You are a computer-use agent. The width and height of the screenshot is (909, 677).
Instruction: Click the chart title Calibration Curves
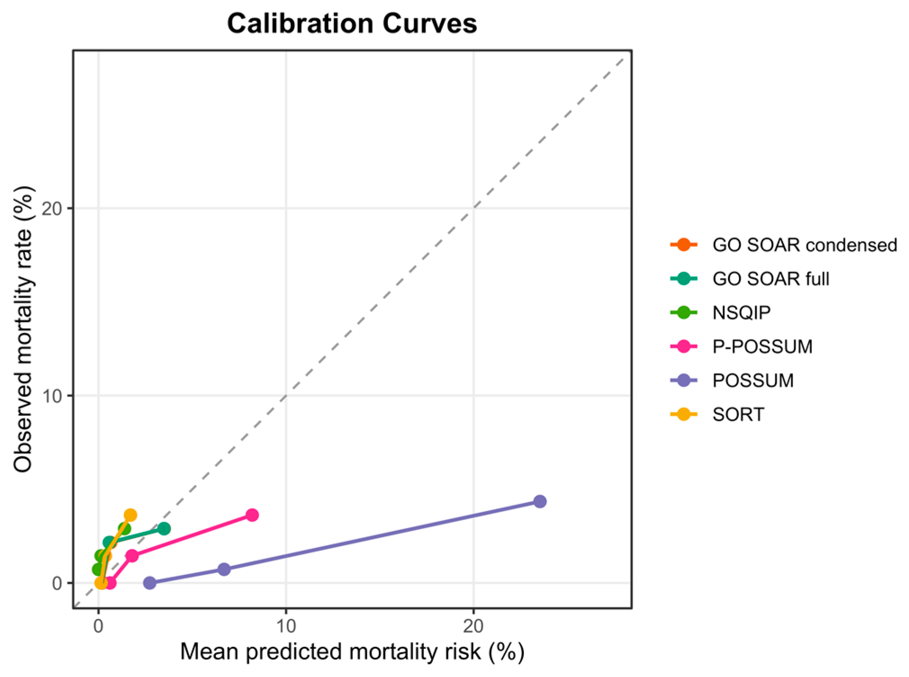point(352,23)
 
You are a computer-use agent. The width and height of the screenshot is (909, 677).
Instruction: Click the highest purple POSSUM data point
point(540,501)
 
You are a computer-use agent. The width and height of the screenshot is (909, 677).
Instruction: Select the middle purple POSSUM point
point(224,569)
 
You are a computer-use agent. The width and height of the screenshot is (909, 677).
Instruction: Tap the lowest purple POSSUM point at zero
point(150,583)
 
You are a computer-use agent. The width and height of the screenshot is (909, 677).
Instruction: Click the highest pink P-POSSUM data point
point(252,515)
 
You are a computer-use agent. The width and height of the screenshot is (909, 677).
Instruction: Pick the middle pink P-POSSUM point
point(132,556)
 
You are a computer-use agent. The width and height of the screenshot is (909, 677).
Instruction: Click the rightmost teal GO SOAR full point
point(164,529)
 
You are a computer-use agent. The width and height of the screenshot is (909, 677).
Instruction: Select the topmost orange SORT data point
point(130,515)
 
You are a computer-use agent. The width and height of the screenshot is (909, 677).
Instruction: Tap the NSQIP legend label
point(742,312)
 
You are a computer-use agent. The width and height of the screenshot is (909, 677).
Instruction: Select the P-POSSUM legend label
point(763,347)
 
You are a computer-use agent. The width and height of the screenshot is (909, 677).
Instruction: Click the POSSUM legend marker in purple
point(684,380)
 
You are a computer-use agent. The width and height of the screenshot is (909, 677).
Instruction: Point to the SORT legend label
point(738,414)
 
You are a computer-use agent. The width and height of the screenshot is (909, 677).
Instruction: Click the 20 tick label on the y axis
point(51,209)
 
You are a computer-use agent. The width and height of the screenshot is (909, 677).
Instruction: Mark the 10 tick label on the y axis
point(51,396)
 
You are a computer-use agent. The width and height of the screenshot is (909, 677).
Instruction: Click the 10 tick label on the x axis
point(286,626)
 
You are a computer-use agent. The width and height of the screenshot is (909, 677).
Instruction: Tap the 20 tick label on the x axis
point(473,626)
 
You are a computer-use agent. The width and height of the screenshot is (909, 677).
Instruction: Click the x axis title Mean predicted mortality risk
point(352,651)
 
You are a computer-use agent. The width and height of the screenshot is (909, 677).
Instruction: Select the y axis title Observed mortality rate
point(23,329)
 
